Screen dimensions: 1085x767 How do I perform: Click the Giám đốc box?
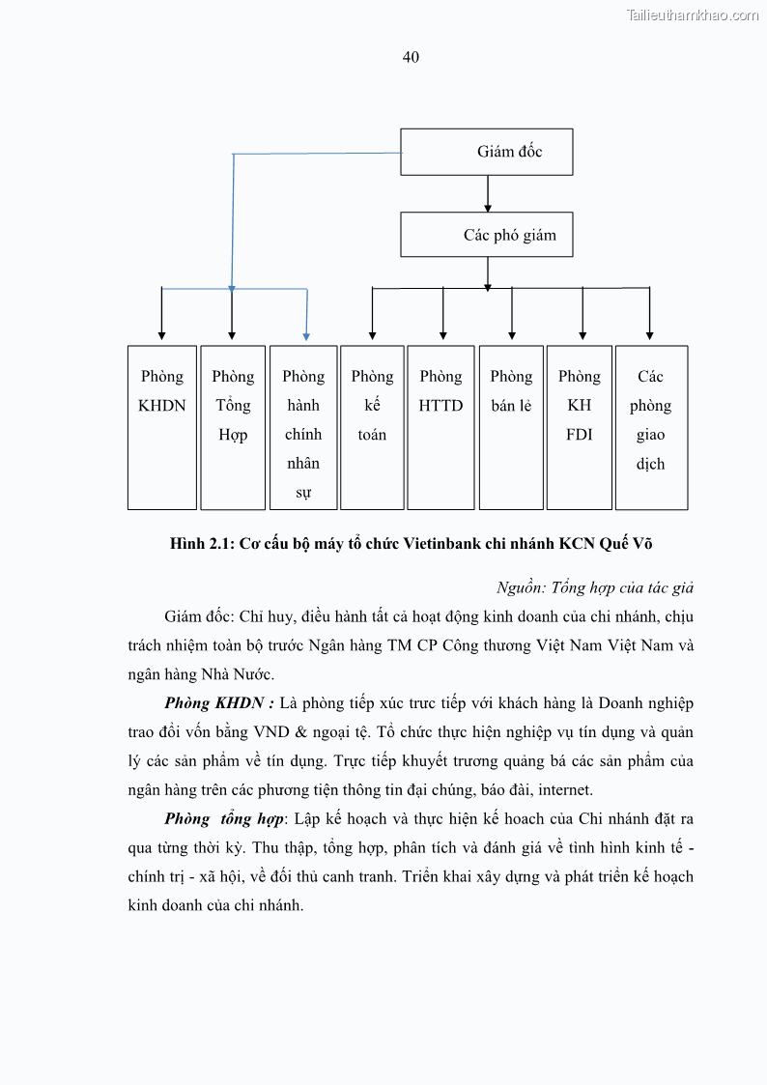(x=487, y=152)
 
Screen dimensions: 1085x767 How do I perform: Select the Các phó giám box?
(x=487, y=235)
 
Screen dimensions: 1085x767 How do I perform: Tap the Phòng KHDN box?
(x=161, y=427)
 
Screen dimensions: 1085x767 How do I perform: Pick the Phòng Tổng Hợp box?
(x=233, y=427)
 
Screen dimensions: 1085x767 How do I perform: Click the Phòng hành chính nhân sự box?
(x=303, y=427)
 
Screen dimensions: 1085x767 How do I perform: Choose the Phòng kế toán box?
(x=372, y=427)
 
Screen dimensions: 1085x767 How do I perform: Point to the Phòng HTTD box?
(x=441, y=427)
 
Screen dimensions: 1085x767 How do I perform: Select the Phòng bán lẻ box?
(x=511, y=427)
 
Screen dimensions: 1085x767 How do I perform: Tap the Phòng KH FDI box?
(x=580, y=427)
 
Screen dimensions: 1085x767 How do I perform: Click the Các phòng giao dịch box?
(x=651, y=427)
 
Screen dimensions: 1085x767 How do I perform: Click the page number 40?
(x=411, y=57)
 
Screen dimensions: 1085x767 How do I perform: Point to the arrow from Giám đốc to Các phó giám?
(x=488, y=194)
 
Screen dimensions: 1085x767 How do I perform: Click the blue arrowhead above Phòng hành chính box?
(x=306, y=335)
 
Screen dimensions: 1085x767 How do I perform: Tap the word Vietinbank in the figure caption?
(x=441, y=543)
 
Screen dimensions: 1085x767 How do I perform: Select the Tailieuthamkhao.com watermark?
(x=693, y=15)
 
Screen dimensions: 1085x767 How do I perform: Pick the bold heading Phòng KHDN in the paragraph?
(x=218, y=702)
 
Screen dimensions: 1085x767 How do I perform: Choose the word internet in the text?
(x=564, y=789)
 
